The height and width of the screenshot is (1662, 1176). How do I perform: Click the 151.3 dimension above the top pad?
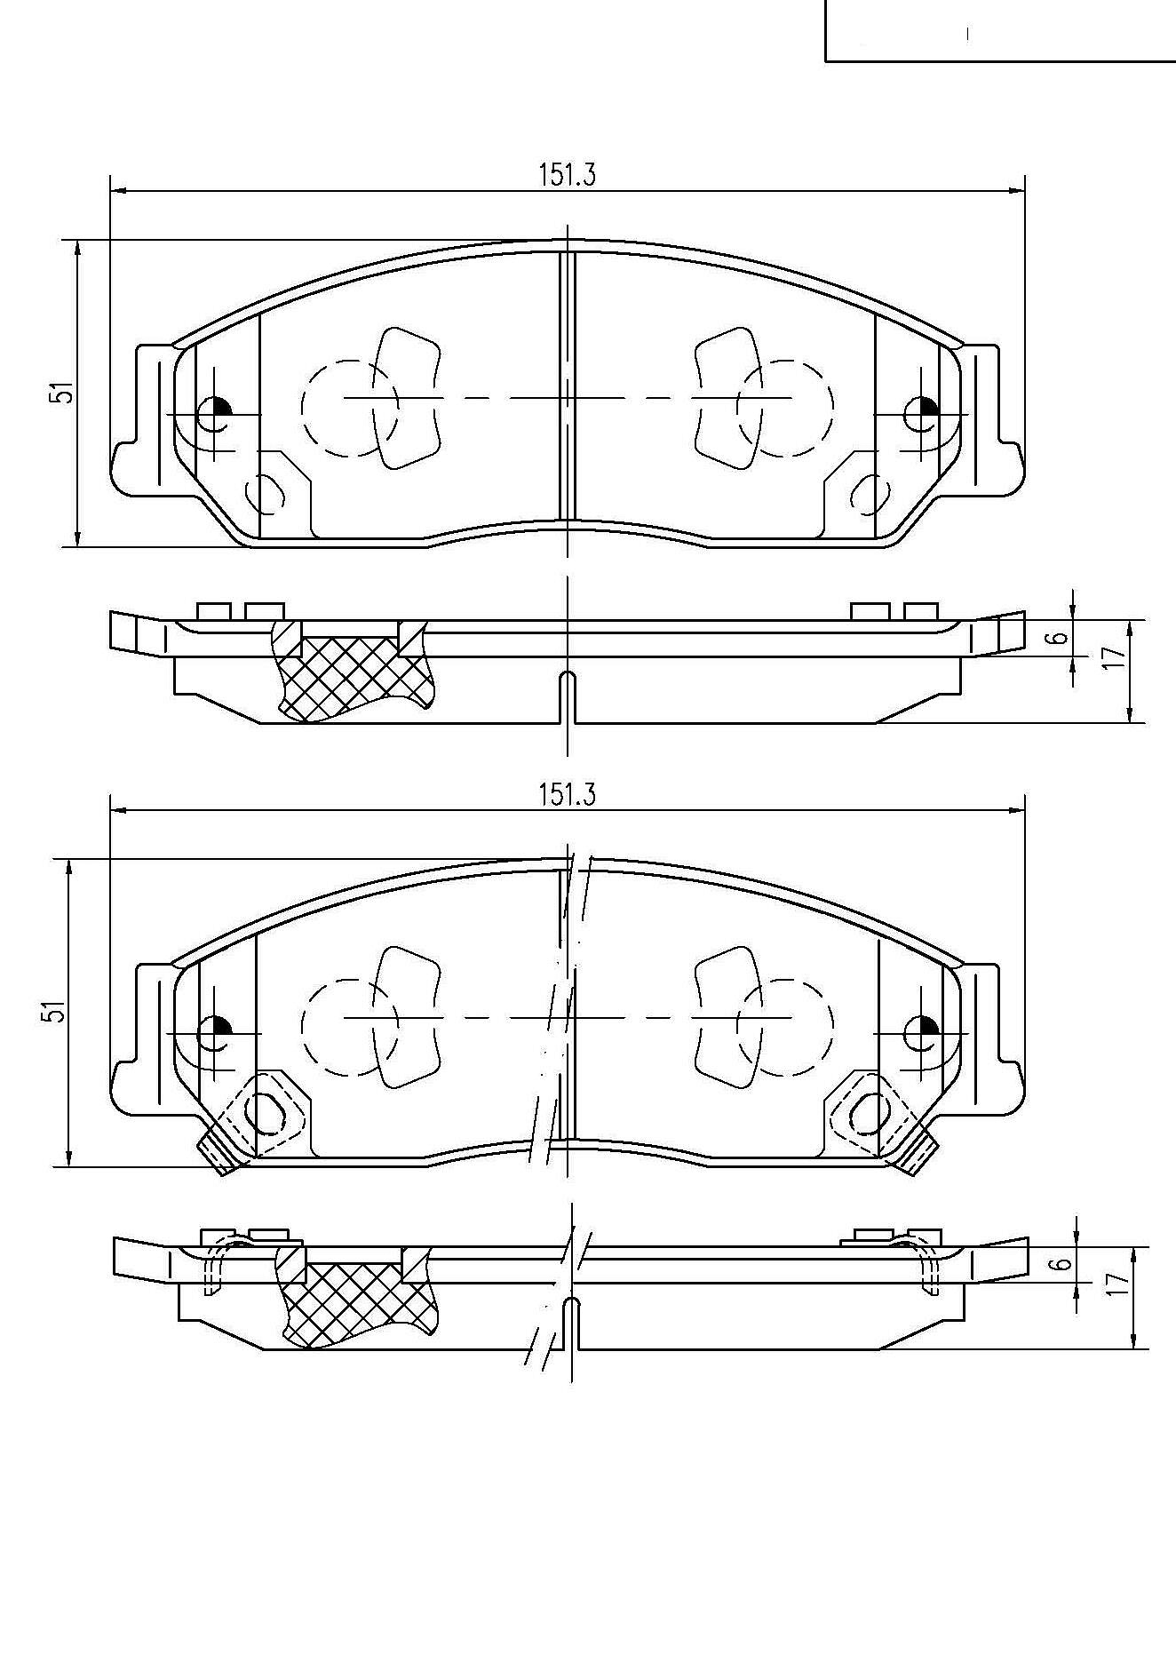click(567, 176)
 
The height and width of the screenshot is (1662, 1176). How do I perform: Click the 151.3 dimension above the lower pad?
click(567, 795)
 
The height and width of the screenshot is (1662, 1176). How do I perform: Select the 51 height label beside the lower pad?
click(57, 1011)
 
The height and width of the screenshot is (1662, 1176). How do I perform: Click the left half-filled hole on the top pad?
click(214, 413)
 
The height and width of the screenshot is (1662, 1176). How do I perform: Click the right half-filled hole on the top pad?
click(921, 413)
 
